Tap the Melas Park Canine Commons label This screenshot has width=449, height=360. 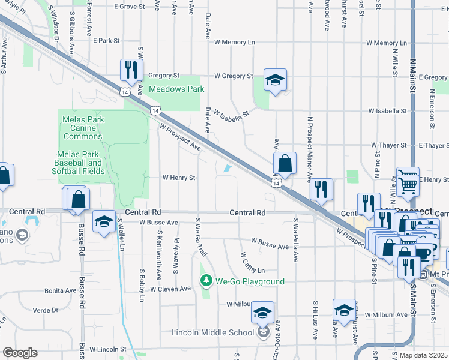coord(83,128)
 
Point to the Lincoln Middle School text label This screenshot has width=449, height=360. coord(213,333)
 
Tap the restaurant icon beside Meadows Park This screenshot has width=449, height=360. coord(130,70)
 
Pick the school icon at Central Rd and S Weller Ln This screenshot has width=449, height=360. coord(104,221)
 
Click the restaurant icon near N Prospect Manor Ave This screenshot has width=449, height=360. coord(321,189)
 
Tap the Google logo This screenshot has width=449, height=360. coord(19,353)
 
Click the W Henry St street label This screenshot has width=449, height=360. coord(179,178)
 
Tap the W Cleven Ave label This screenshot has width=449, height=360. coord(170,289)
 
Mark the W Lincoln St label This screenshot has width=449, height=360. coord(109,349)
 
